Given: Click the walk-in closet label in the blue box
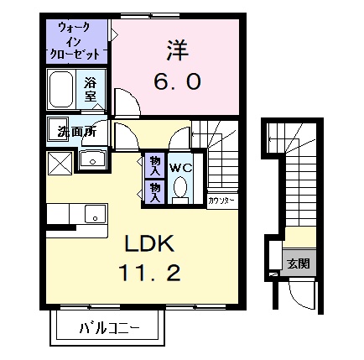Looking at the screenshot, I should click(78, 40).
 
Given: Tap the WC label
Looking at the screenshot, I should click(181, 167).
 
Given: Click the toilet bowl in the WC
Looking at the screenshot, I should click(181, 190).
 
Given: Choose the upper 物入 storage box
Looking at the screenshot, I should click(156, 163).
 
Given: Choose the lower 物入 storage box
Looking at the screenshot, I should click(156, 191).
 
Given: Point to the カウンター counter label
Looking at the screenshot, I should click(221, 201).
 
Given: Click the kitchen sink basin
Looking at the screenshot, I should click(95, 217).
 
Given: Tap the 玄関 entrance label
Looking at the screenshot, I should click(298, 263).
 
